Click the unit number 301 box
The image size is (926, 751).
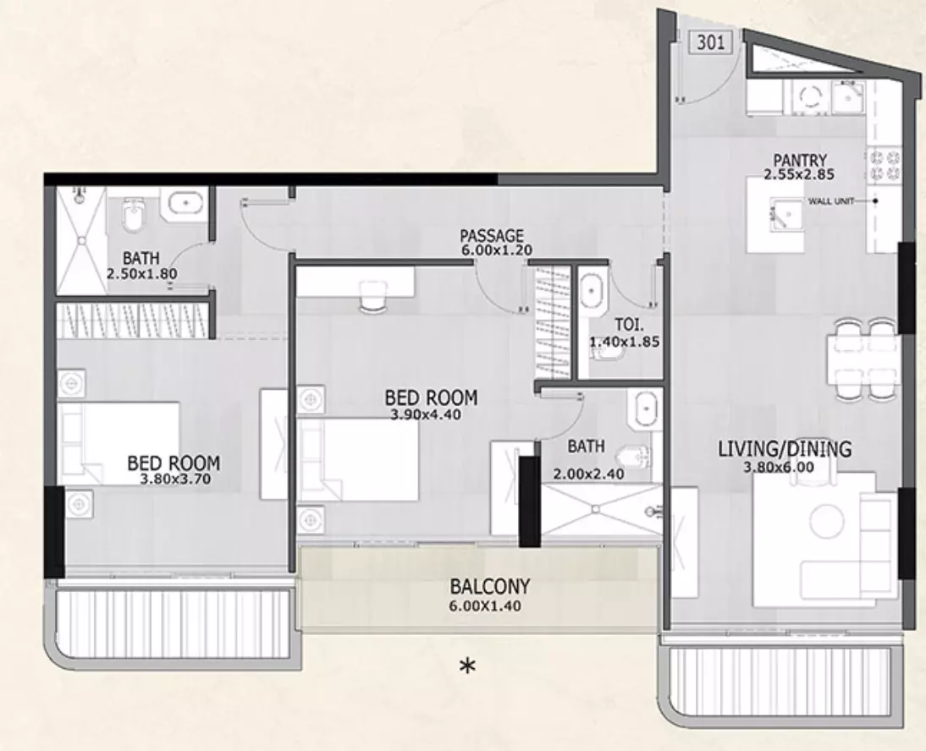(710, 42)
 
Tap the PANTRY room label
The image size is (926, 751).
(800, 160)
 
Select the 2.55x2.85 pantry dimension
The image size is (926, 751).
(799, 174)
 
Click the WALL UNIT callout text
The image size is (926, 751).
(831, 201)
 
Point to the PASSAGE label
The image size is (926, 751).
(491, 236)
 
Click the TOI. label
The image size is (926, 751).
(629, 325)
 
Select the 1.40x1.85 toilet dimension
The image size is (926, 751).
(624, 342)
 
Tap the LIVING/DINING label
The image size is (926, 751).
(785, 450)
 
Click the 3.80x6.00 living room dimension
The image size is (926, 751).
(779, 467)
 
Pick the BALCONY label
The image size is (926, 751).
(489, 587)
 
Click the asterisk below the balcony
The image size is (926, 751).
(467, 666)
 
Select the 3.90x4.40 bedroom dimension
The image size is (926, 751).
(426, 414)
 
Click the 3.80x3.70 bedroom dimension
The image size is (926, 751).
(175, 479)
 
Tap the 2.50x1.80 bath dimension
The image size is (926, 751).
(141, 274)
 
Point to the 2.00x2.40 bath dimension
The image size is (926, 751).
(589, 474)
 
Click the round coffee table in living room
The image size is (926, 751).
(827, 520)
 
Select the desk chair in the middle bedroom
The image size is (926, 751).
(372, 294)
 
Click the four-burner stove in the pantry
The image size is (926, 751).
(885, 166)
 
